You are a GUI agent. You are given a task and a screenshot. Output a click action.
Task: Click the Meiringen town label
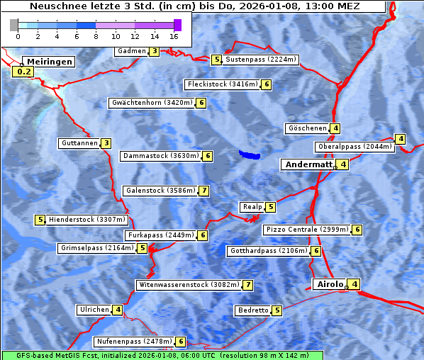pos(50,62)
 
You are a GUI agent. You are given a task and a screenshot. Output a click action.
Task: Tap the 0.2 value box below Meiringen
pos(23,72)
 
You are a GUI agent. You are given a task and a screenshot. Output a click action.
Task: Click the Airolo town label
pos(330,284)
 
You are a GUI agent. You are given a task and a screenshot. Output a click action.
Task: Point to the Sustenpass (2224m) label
pos(261,60)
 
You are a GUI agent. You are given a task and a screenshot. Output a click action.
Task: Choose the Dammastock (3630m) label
pos(160,156)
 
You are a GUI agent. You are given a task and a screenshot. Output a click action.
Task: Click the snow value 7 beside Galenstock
pos(203,191)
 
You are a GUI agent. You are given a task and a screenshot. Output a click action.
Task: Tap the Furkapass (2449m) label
pos(160,235)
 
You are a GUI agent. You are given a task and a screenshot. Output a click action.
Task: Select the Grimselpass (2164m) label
pos(96,248)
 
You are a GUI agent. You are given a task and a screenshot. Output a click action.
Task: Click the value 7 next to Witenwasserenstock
pos(247,285)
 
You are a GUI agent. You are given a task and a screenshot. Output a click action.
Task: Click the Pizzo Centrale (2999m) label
pos(307,230)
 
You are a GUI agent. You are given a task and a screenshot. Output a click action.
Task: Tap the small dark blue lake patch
pos(249,154)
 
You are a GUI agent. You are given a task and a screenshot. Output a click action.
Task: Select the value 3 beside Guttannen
pos(106,143)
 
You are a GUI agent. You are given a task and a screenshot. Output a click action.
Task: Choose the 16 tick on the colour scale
pos(174,35)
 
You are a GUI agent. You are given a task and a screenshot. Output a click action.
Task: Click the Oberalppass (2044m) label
pos(355,147)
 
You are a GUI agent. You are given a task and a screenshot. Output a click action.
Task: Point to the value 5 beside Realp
pos(270,207)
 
